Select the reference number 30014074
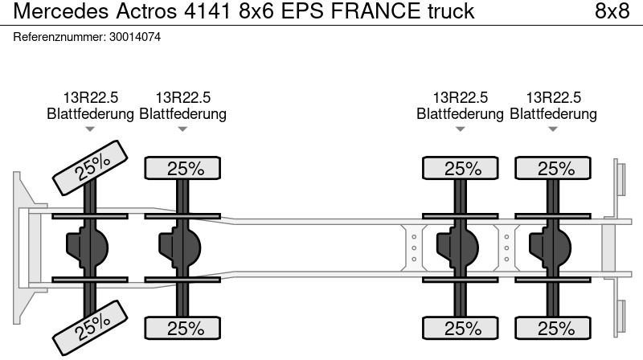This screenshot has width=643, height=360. pyautogui.click(x=134, y=37)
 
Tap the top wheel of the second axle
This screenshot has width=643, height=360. pyautogui.click(x=184, y=169)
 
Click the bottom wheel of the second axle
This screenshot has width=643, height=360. pyautogui.click(x=184, y=328)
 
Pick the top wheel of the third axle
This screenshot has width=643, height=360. pyautogui.click(x=462, y=169)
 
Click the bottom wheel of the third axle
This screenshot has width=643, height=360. pyautogui.click(x=462, y=328)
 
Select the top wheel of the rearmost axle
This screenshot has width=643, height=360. pyautogui.click(x=554, y=169)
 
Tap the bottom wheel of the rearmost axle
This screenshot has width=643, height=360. pyautogui.click(x=554, y=328)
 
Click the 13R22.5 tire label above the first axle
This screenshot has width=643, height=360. pyautogui.click(x=91, y=97)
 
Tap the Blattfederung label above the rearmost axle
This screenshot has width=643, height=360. pyautogui.click(x=554, y=113)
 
